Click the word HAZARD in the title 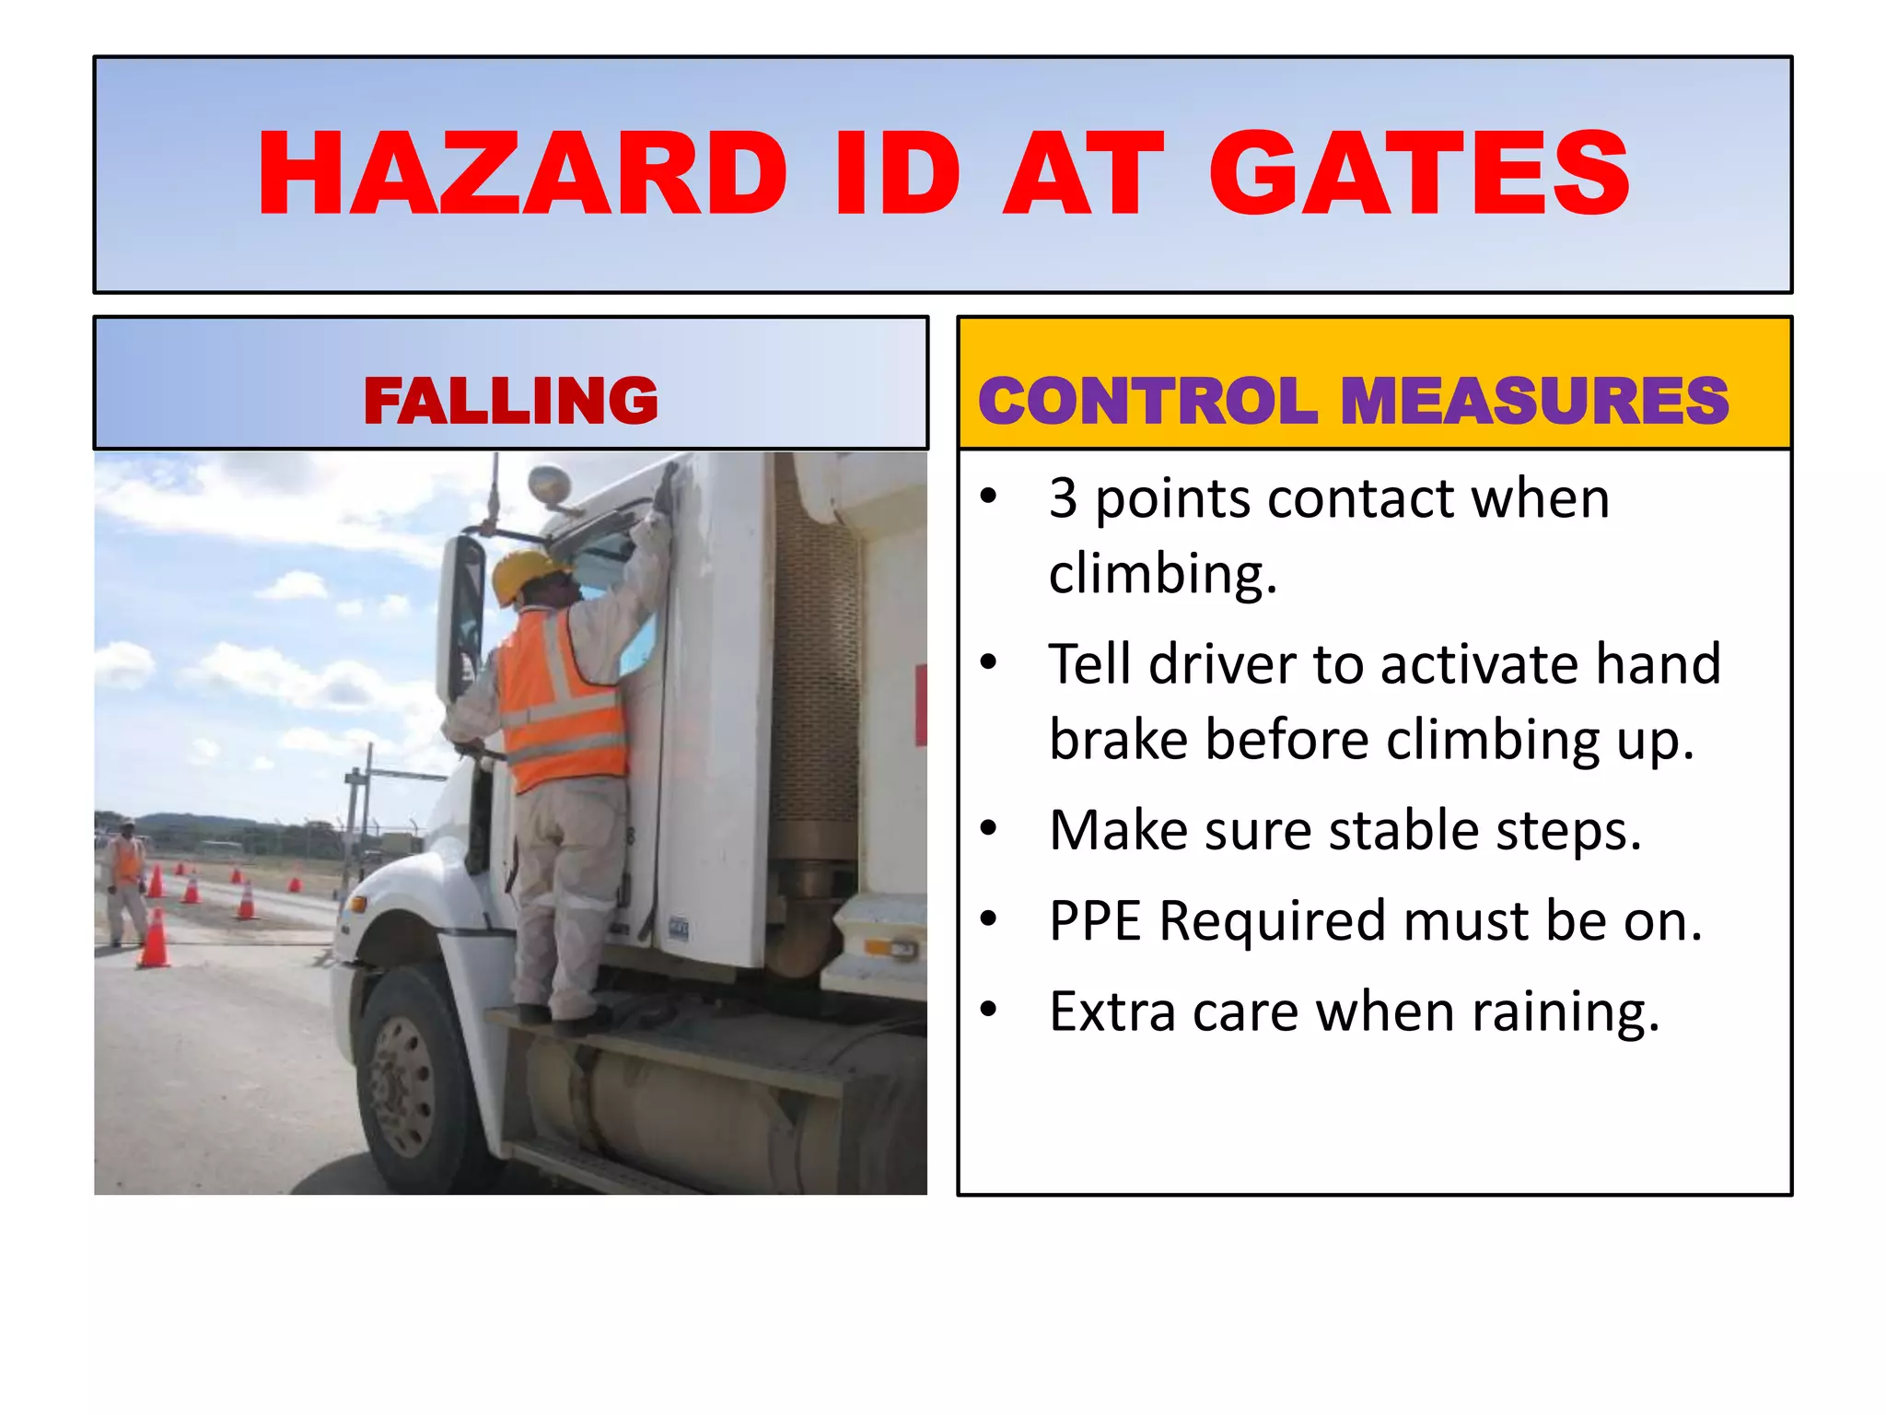(522, 175)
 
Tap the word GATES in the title (1419, 175)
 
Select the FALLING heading (511, 401)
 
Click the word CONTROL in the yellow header (1147, 401)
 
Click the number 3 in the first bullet (1063, 498)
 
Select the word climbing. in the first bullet (1163, 573)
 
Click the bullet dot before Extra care (989, 1010)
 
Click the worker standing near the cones (126, 880)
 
